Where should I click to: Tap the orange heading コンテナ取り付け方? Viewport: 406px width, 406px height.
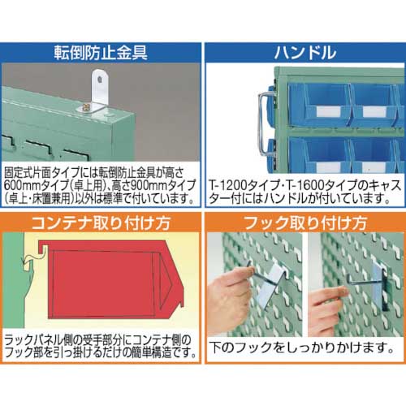point(101,221)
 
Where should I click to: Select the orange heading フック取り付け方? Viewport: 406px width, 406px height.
point(304,221)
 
